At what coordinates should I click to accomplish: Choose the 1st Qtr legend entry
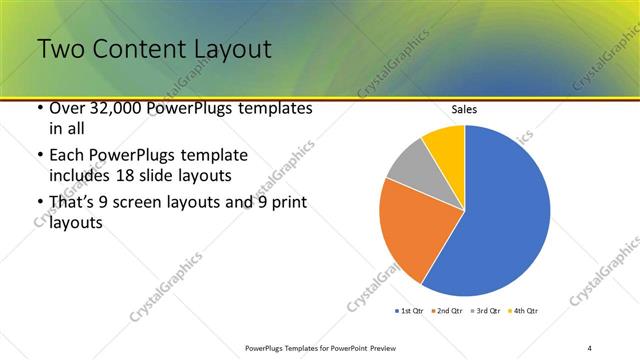(410, 311)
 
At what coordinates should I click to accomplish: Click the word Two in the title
(61, 49)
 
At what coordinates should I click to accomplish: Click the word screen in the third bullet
(147, 203)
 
